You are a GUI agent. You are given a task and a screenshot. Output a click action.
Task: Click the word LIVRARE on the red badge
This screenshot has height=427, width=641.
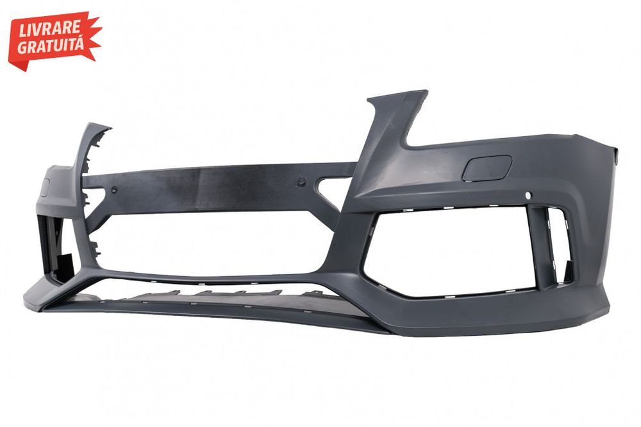pyautogui.click(x=49, y=30)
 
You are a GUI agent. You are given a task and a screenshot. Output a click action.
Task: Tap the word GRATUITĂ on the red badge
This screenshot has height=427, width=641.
pyautogui.click(x=51, y=44)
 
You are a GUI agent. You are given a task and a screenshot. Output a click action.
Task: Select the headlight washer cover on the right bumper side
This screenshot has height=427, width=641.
pyautogui.click(x=487, y=168)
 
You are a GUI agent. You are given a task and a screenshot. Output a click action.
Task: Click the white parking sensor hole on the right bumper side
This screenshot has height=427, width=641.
pyautogui.click(x=528, y=196)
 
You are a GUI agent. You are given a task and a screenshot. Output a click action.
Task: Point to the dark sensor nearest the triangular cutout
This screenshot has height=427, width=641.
pyautogui.click(x=302, y=181)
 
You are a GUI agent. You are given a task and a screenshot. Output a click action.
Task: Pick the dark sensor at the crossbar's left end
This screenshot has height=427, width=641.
pyautogui.click(x=114, y=189)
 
